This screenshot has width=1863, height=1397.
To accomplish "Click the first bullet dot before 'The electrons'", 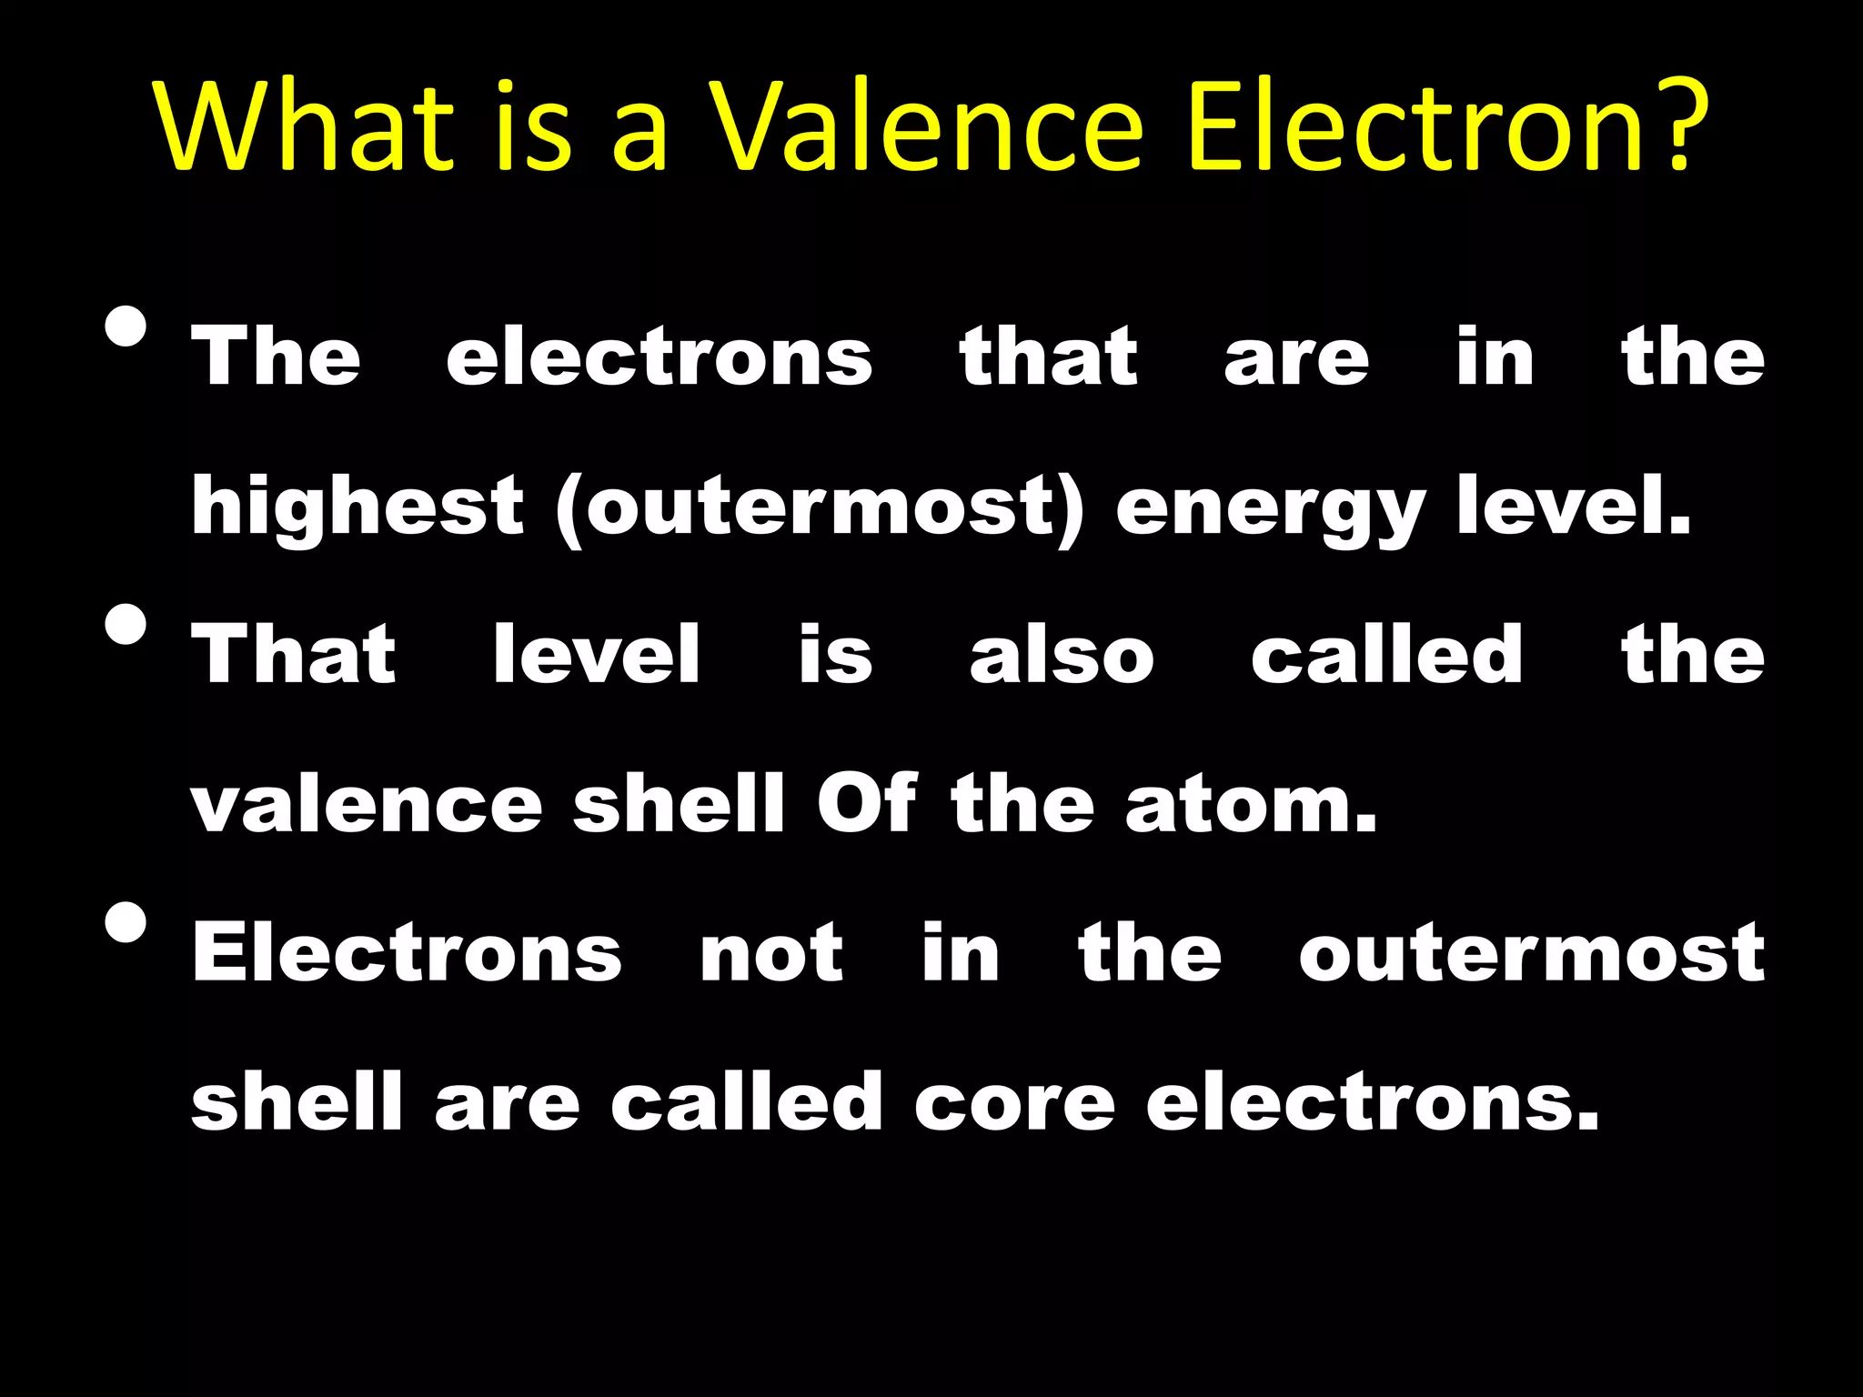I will (x=126, y=327).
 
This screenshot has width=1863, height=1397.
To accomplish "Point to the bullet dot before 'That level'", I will (x=126, y=624).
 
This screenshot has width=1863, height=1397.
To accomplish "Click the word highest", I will (x=357, y=508).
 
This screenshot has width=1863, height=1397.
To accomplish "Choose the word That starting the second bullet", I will (x=294, y=654).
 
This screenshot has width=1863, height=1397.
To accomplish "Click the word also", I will (x=1062, y=654).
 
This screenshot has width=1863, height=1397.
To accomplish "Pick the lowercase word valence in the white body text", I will (x=367, y=805).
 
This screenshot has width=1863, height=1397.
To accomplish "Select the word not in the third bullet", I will (x=771, y=953).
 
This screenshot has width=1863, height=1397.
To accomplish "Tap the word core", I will (x=1014, y=1103).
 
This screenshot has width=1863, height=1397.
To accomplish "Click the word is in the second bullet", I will (x=835, y=654).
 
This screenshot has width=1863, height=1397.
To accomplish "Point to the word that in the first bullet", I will (x=1048, y=357).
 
